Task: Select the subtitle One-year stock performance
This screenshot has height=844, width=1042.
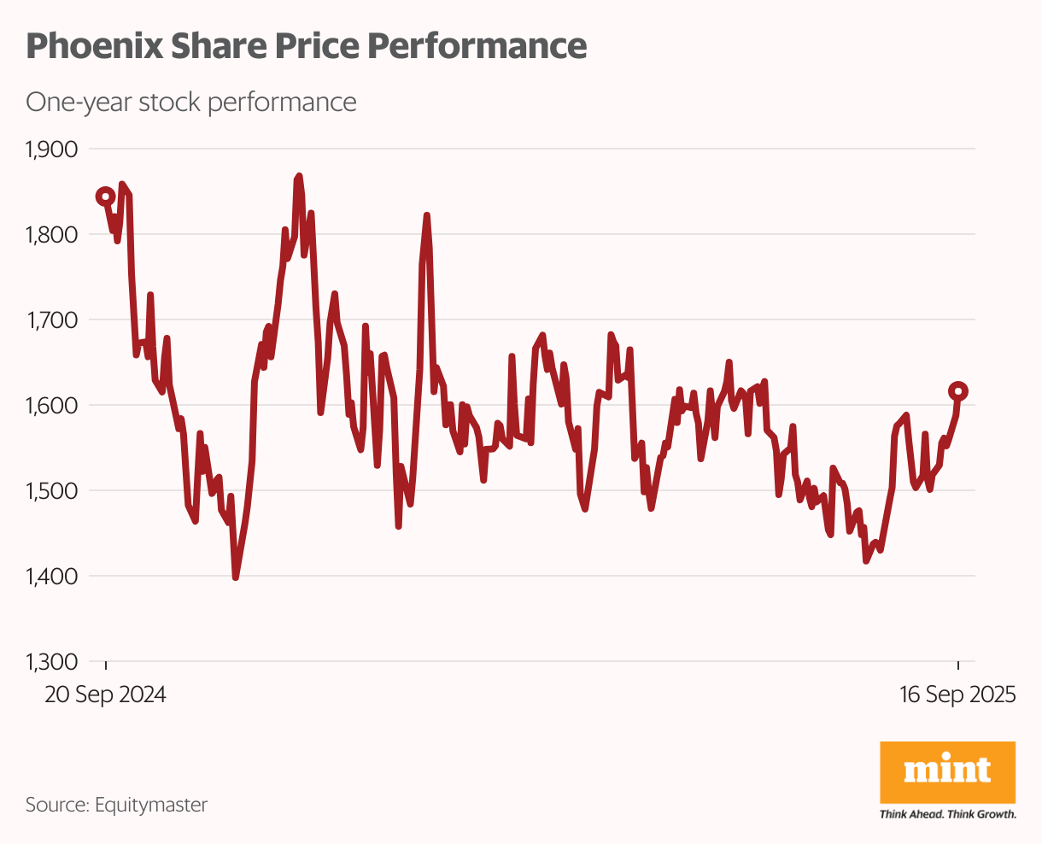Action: point(191,103)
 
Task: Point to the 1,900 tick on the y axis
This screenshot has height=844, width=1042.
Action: point(52,149)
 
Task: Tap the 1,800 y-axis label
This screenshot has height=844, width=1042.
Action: point(52,235)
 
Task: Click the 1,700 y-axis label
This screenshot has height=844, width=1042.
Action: point(52,320)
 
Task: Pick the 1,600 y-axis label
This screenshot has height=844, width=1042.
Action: point(52,406)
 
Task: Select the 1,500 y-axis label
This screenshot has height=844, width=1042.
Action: point(52,491)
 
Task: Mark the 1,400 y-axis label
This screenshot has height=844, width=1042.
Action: point(52,577)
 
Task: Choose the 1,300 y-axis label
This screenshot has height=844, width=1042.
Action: point(52,662)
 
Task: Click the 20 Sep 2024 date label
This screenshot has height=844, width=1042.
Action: point(105,695)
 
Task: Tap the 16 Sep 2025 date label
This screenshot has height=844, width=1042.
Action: point(957,695)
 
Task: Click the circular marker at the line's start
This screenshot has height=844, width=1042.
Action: point(105,196)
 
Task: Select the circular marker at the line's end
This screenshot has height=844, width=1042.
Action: point(958,391)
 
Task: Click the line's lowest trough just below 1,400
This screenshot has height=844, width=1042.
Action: point(236,577)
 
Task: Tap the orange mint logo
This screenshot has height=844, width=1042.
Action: point(947,771)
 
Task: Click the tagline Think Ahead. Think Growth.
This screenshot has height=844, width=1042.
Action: point(947,815)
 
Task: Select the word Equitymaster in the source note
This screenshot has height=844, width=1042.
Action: point(151,805)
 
